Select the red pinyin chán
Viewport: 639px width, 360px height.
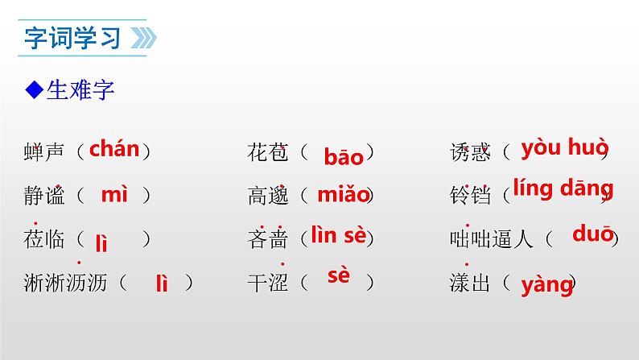pos(113,149)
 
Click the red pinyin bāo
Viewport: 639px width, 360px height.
pos(344,156)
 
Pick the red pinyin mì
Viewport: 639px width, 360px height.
pos(114,194)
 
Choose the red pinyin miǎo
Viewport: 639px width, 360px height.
pos(343,194)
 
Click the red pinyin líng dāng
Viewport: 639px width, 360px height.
pos(563,188)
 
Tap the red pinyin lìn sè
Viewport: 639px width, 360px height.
pos(338,236)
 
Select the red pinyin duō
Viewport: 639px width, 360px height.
pos(592,234)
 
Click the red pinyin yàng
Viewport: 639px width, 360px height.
pos(546,283)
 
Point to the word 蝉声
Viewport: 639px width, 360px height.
pos(45,151)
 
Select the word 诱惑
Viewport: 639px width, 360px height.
pos(471,151)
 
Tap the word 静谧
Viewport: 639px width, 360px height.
pos(45,195)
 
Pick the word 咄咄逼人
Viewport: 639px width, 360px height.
pos(492,239)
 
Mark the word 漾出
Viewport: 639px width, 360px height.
pos(471,283)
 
